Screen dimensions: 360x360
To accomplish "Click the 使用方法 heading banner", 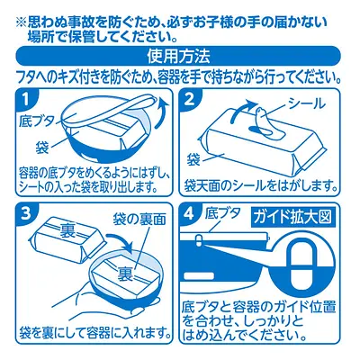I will click(x=180, y=58).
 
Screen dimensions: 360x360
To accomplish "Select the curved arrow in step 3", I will click(x=117, y=241).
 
